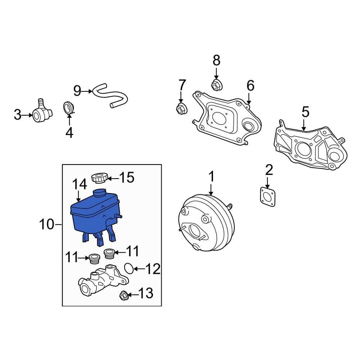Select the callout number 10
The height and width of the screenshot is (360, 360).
click(x=46, y=224)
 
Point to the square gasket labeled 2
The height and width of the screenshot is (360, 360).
click(x=268, y=197)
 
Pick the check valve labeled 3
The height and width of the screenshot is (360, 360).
click(x=42, y=111)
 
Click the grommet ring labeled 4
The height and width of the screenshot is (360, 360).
click(x=68, y=107)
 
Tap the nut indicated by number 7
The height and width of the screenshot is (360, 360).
click(x=181, y=109)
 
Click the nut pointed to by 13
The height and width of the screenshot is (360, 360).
click(x=124, y=295)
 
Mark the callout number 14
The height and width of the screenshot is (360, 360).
click(x=80, y=184)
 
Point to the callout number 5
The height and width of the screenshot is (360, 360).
click(x=305, y=112)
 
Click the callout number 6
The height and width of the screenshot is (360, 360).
click(x=251, y=86)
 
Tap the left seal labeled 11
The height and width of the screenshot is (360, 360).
click(x=94, y=259)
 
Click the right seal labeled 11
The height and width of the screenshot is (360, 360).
click(x=109, y=253)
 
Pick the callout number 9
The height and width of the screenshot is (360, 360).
click(x=77, y=91)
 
